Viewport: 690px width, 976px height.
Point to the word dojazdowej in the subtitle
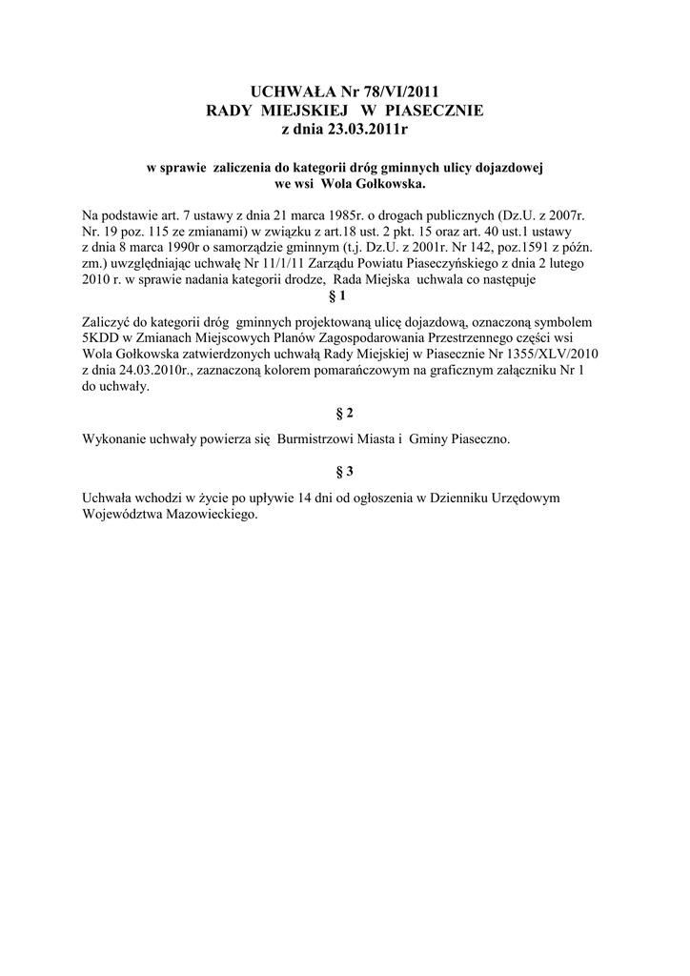pos(509,168)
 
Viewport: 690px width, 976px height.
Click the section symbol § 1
pos(344,296)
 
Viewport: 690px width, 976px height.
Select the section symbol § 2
pos(344,413)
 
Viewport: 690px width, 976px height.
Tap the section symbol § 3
pos(344,471)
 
